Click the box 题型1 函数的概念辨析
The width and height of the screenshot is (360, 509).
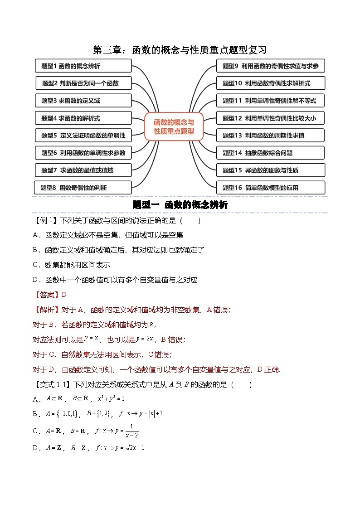(x=83, y=66)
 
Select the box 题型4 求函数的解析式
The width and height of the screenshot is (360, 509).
(x=83, y=118)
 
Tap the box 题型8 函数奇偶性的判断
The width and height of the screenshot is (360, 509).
(x=83, y=188)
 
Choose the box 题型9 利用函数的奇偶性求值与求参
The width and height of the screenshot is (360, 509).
(x=270, y=66)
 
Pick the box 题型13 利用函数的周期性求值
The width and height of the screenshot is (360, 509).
(x=270, y=136)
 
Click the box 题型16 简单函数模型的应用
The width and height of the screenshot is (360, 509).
(x=270, y=188)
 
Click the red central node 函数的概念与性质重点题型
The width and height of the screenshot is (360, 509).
(x=174, y=127)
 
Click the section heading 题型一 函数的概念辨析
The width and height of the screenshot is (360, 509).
(x=180, y=205)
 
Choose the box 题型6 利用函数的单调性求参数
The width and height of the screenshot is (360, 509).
(x=83, y=153)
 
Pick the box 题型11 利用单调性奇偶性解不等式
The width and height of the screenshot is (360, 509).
(x=270, y=101)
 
